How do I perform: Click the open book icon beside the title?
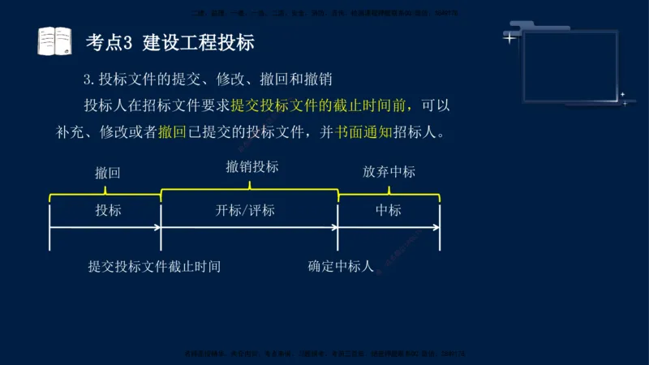[54, 41]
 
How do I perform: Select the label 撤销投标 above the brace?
[252, 167]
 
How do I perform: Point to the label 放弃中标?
[389, 172]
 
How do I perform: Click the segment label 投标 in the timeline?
[108, 210]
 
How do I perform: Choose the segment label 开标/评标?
[245, 211]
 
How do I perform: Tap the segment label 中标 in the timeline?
[389, 210]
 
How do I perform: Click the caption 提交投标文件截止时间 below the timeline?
[154, 266]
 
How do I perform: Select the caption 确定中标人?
[341, 266]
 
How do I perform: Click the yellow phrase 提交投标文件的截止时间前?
[321, 106]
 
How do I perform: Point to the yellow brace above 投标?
[105, 194]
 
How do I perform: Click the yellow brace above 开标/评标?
[250, 189]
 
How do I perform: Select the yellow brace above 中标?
[389, 194]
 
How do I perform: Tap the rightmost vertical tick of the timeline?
[440, 227]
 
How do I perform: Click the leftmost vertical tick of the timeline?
[50, 227]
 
